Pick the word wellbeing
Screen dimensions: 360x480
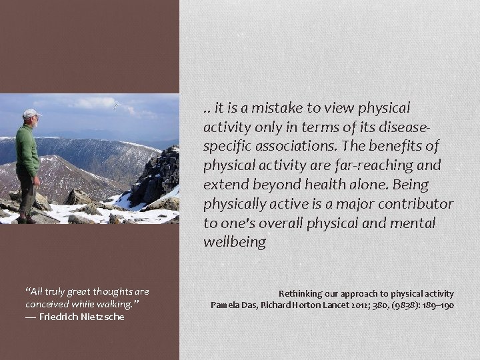click(x=235, y=242)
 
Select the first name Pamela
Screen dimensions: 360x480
click(x=226, y=305)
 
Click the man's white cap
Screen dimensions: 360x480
click(x=30, y=113)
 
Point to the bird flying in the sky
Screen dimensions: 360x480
click(x=115, y=105)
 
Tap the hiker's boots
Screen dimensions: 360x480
click(x=27, y=219)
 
